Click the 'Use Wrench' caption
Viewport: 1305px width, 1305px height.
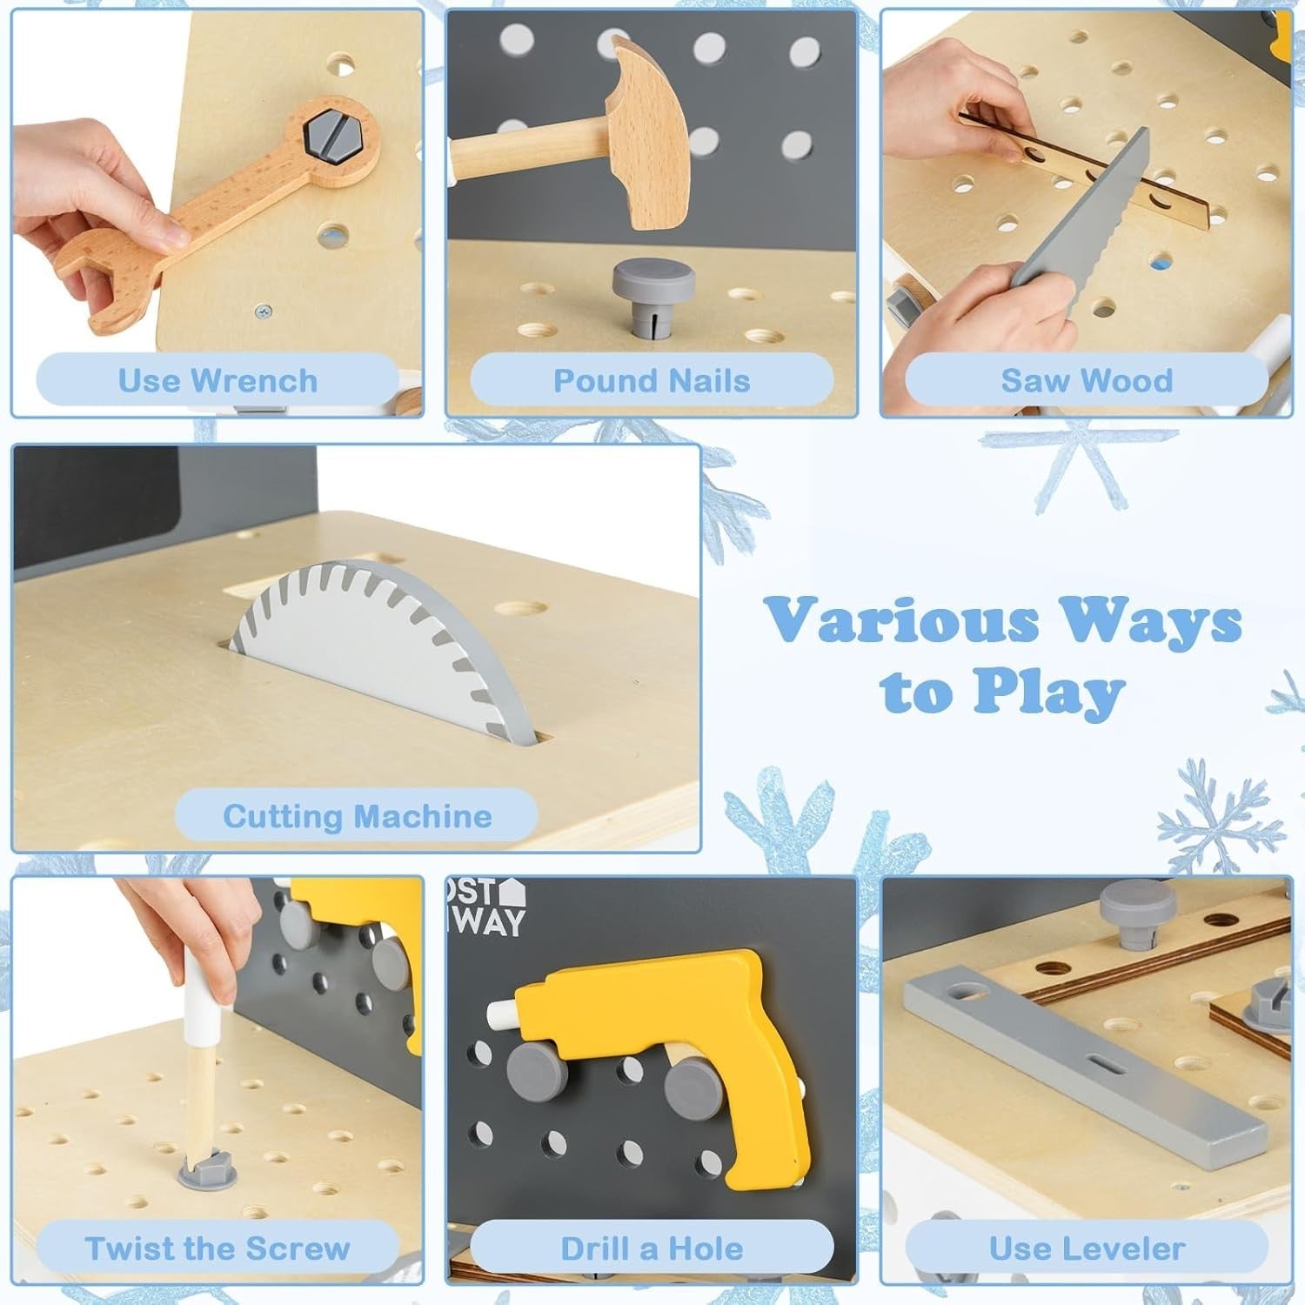[x=217, y=381]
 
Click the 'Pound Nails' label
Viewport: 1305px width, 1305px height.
[x=652, y=381]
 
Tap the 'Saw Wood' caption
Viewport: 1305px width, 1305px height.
[x=1087, y=381]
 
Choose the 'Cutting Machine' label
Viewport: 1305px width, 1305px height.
[x=358, y=816]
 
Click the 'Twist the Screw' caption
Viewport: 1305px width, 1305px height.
[x=217, y=1248]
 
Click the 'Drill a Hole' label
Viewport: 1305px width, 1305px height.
[x=652, y=1248]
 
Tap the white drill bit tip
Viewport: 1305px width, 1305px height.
[x=503, y=1014]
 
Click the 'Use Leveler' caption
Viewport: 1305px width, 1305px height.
[x=1087, y=1248]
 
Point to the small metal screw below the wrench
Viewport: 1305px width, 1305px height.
[x=263, y=310]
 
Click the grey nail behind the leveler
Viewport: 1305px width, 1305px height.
[x=1137, y=914]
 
